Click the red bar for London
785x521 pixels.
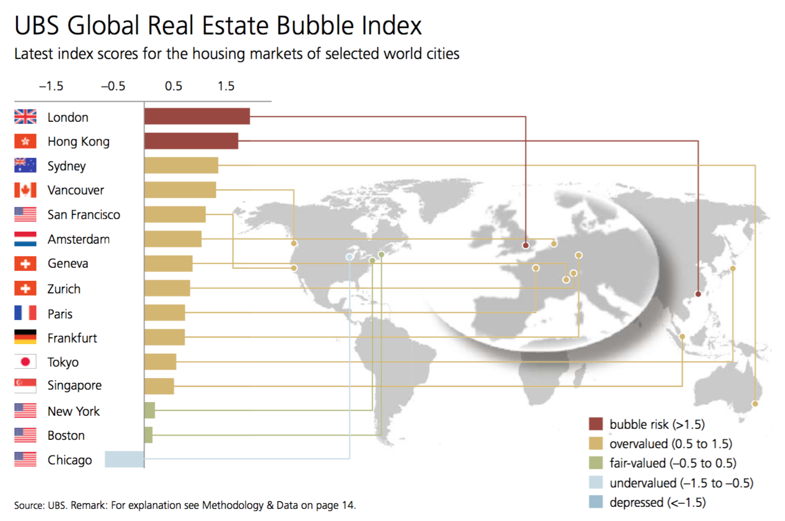click(197, 116)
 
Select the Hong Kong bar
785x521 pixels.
click(191, 141)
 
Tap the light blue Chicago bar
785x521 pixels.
click(124, 459)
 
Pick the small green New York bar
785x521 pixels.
click(149, 411)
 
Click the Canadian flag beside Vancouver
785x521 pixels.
click(25, 190)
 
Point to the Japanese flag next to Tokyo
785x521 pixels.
click(25, 361)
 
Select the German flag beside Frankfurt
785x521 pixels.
click(25, 337)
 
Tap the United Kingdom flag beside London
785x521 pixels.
click(25, 117)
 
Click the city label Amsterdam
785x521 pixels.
click(78, 239)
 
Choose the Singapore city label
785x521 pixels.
click(74, 386)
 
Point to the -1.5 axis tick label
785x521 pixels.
click(51, 86)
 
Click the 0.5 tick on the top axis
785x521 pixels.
click(174, 86)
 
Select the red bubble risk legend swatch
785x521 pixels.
click(596, 424)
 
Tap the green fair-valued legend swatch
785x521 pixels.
click(596, 463)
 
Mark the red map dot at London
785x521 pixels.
click(526, 245)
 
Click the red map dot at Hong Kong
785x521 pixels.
click(698, 294)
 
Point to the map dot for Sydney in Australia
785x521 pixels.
click(755, 404)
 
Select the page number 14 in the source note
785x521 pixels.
click(348, 505)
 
